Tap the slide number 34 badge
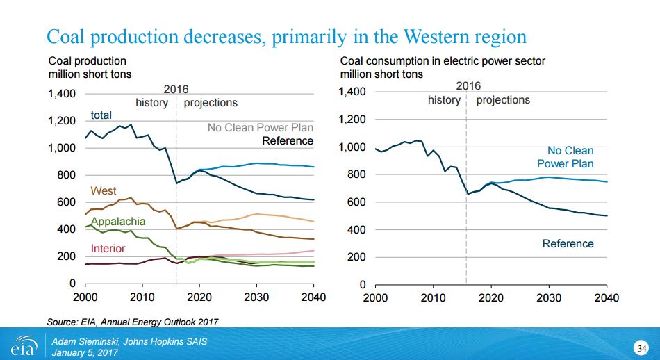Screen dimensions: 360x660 (642, 347)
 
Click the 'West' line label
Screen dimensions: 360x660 (104, 190)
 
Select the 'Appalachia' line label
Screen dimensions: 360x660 (117, 222)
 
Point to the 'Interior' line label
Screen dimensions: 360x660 (108, 248)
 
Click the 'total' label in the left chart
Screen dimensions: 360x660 (101, 115)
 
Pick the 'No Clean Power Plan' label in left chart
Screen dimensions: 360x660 (260, 128)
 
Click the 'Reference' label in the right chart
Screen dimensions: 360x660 (568, 243)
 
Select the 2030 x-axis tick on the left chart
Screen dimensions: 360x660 (256, 297)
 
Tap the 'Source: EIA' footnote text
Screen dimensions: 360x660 (132, 321)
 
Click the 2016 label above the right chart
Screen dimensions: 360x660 (468, 86)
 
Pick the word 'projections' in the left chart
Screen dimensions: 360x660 (211, 103)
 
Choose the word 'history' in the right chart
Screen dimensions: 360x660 (444, 100)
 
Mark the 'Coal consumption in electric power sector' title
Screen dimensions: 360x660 (443, 61)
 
